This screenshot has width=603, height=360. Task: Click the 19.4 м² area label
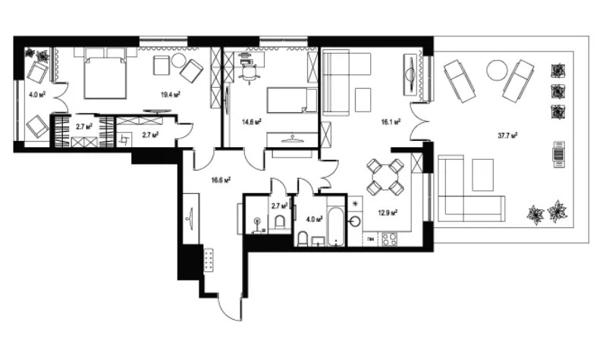171,94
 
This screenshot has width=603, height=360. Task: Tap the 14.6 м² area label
252,122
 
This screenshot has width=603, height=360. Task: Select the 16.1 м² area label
391,122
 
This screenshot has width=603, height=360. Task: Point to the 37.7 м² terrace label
507,135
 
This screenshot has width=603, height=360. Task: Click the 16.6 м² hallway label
221,180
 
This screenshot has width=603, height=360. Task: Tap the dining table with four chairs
385,176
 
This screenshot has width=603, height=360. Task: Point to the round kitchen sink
355,222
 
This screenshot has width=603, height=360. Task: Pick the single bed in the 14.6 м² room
292,100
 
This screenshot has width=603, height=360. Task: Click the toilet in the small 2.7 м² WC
280,223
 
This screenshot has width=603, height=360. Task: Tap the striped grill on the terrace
560,155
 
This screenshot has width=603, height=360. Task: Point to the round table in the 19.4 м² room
179,61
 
